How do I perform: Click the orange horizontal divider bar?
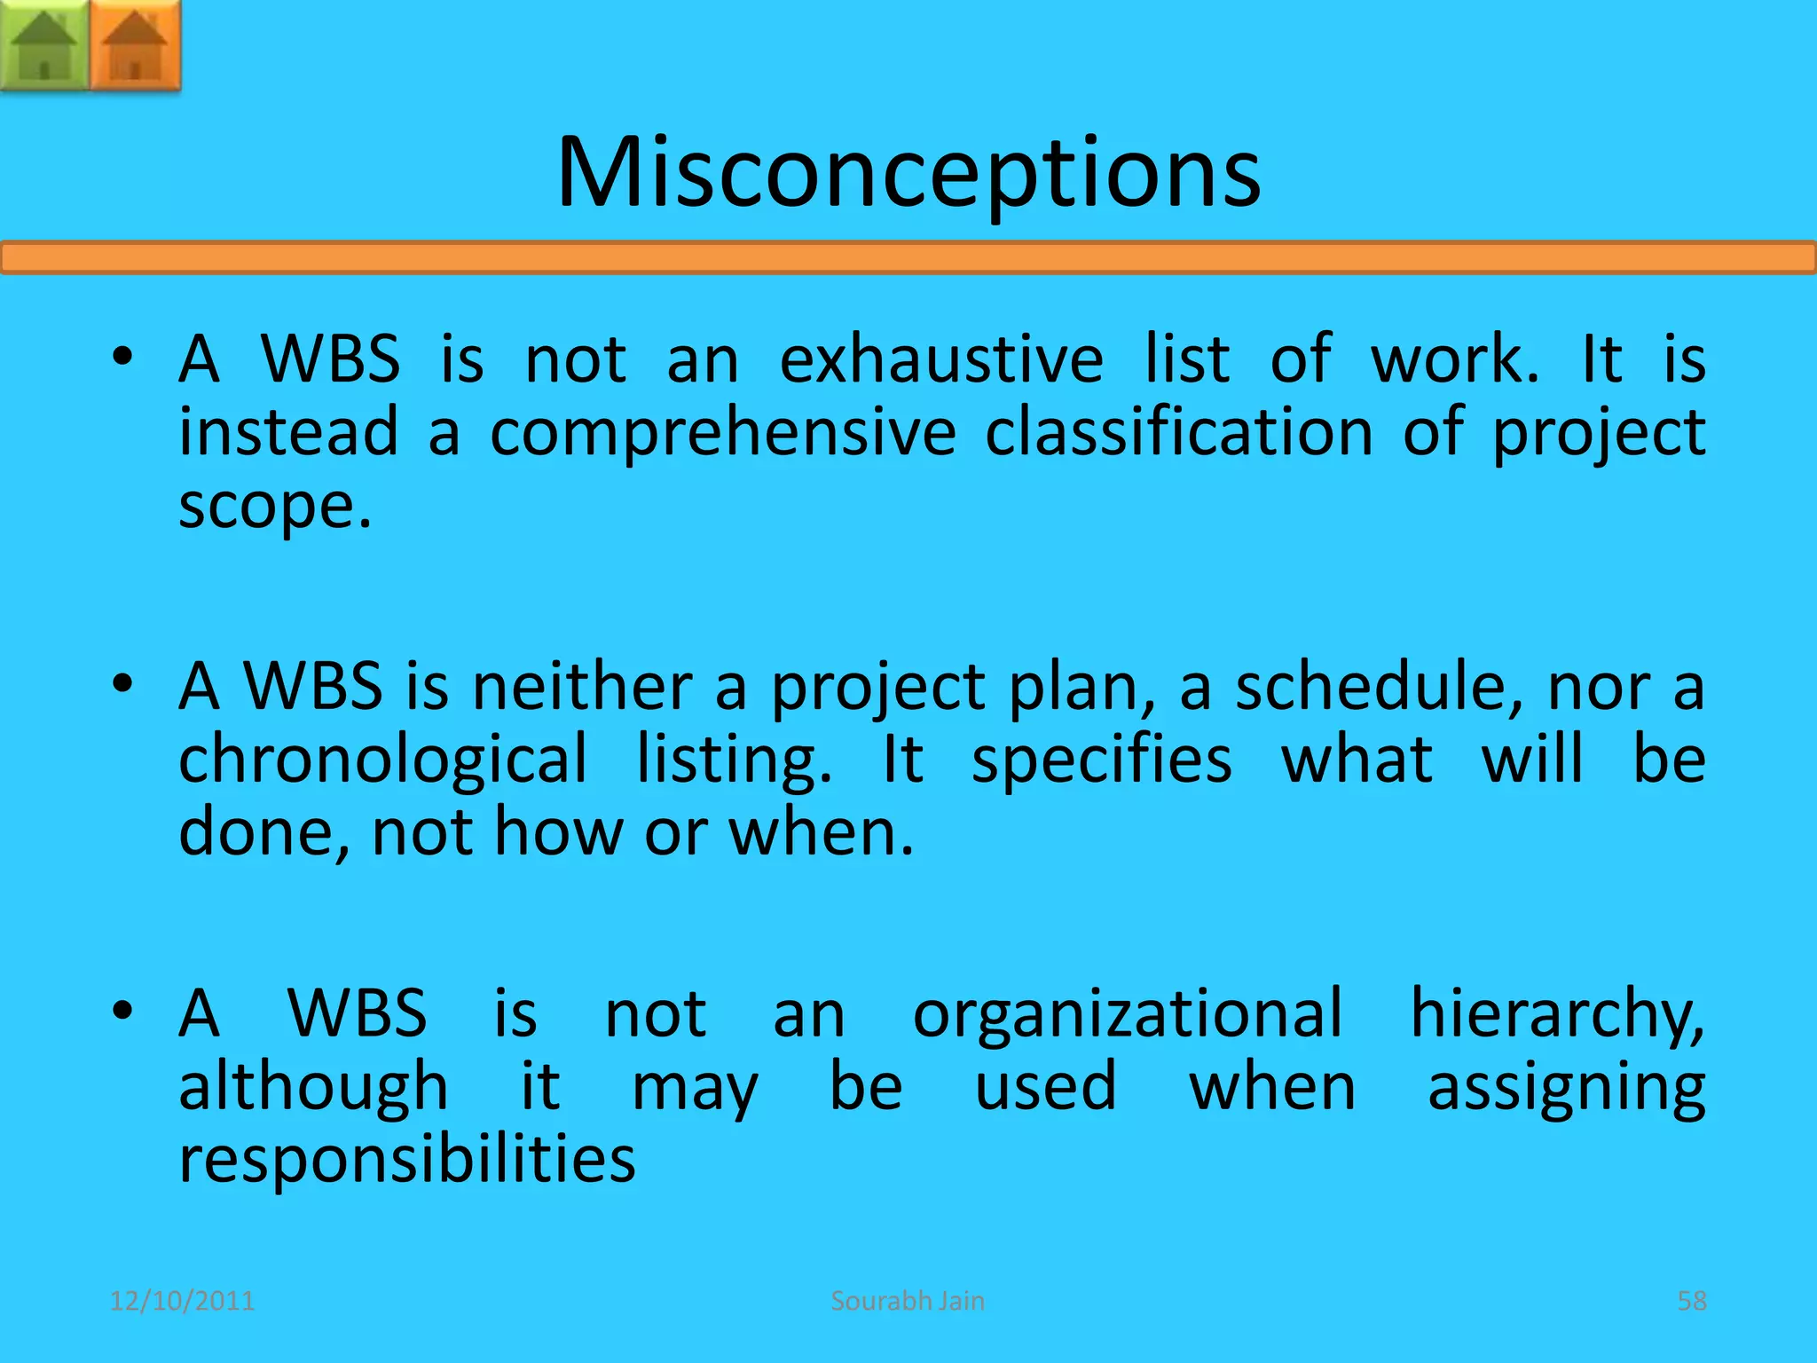pos(908,258)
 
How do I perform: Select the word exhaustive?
pos(941,359)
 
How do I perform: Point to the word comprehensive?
pos(722,432)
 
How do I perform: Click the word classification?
pos(1179,432)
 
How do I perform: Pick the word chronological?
pos(382,760)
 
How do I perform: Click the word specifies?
pos(1101,760)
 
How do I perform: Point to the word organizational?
pos(1127,1013)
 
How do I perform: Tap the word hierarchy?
pos(1557,1013)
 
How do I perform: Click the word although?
pos(313,1087)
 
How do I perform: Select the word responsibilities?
pos(407,1159)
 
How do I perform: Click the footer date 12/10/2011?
pos(182,1301)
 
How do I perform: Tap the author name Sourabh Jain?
pos(908,1301)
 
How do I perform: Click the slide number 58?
pos(1691,1301)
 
